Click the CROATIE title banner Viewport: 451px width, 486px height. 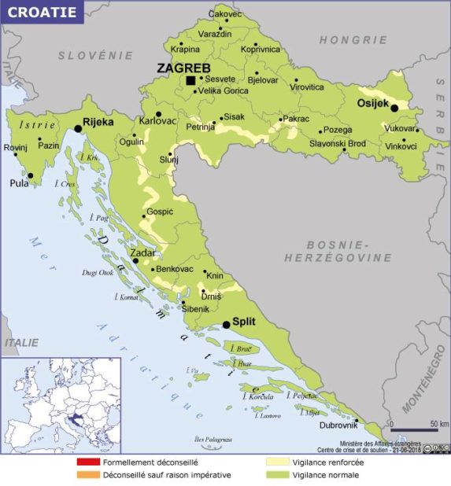[43, 13]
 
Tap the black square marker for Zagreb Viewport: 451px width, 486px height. [190, 80]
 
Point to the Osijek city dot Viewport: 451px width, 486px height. [394, 108]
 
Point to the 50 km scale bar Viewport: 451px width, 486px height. [414, 429]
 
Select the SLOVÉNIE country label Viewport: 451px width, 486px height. [97, 55]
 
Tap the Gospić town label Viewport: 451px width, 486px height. [160, 212]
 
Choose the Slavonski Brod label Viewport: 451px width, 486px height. [337, 143]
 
